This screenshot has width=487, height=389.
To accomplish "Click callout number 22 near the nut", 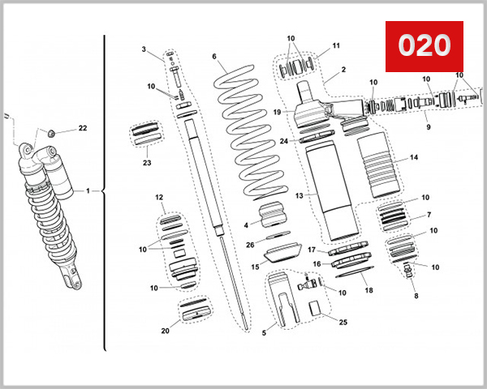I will (x=82, y=129).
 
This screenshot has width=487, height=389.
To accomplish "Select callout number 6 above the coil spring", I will (x=214, y=57).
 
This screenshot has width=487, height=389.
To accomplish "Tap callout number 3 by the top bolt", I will (x=144, y=50).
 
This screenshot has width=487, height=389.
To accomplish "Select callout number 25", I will (x=343, y=323).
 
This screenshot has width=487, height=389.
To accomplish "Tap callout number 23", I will (x=147, y=162).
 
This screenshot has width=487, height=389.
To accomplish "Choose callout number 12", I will (x=160, y=198).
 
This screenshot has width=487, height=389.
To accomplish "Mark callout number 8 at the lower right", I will (x=416, y=297).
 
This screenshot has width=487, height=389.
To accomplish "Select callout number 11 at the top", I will (x=336, y=45).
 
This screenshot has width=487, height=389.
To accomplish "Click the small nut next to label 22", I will (x=50, y=132).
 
